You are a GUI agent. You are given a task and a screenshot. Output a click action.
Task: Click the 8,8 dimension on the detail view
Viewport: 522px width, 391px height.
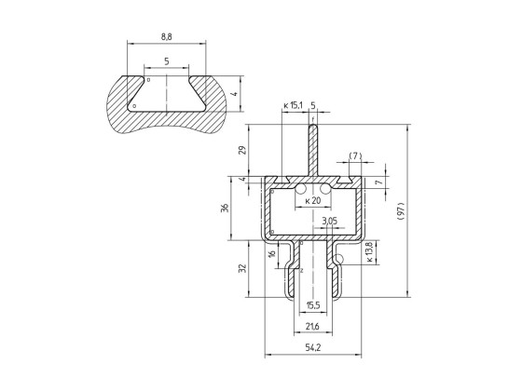click(x=167, y=37)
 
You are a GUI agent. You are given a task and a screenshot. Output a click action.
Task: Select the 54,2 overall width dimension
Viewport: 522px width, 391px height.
click(x=313, y=347)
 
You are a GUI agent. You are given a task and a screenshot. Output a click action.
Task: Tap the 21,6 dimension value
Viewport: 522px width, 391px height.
click(x=312, y=327)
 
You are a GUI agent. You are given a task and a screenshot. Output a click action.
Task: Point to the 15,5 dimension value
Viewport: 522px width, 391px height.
click(x=313, y=305)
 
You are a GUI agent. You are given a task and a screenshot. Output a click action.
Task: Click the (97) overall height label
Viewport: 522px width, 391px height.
click(x=401, y=211)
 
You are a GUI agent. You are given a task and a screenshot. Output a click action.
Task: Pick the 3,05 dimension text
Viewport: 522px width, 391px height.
click(x=330, y=221)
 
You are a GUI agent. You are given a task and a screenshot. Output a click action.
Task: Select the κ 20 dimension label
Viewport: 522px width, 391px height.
click(x=313, y=200)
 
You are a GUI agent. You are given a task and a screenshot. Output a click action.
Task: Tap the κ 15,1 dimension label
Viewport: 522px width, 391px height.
click(x=294, y=106)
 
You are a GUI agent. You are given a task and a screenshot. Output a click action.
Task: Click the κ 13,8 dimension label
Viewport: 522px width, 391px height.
click(x=370, y=252)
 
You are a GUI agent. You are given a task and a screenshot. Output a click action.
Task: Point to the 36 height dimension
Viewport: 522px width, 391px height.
click(x=226, y=209)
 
